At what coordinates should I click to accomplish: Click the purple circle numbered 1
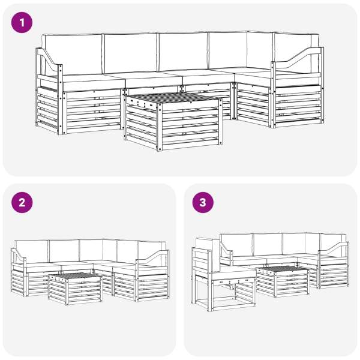[x=22, y=23]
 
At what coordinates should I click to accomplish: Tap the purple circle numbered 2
[x=22, y=203]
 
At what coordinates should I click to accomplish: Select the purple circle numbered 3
[x=203, y=203]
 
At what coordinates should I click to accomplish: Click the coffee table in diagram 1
[x=173, y=122]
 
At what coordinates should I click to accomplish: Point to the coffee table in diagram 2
[x=75, y=289]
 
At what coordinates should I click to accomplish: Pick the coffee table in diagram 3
[x=283, y=281]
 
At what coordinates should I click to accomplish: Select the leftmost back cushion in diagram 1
[x=73, y=54]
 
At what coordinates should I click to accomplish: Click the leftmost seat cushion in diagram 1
[x=92, y=82]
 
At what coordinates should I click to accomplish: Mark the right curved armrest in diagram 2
[x=152, y=256]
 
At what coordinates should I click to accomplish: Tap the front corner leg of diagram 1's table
[x=160, y=127]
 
